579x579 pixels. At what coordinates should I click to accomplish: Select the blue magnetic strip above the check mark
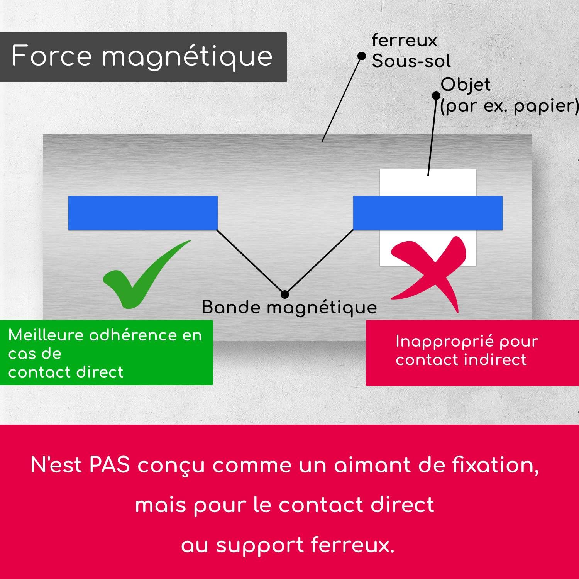click(143, 213)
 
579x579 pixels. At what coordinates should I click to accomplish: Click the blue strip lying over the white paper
click(428, 213)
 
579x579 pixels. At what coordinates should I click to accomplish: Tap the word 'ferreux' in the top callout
click(404, 41)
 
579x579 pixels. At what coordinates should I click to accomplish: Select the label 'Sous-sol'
click(411, 61)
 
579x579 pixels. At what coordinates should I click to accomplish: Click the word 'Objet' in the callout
click(466, 85)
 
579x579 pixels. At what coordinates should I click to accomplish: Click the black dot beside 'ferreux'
click(362, 56)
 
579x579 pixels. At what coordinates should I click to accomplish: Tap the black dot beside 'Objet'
click(436, 95)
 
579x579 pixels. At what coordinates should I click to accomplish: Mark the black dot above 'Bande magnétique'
click(285, 295)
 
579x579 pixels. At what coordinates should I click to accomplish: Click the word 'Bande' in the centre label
click(231, 307)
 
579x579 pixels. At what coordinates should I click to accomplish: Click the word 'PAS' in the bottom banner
click(110, 465)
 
